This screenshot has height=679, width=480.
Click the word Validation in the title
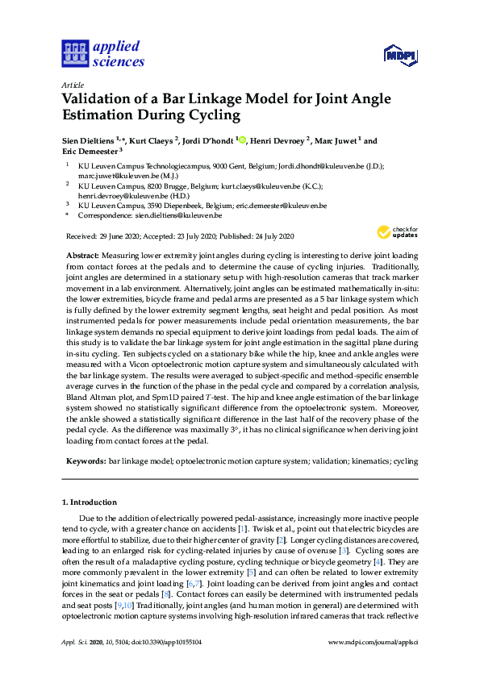[99, 99]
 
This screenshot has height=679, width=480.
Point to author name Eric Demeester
[89, 151]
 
